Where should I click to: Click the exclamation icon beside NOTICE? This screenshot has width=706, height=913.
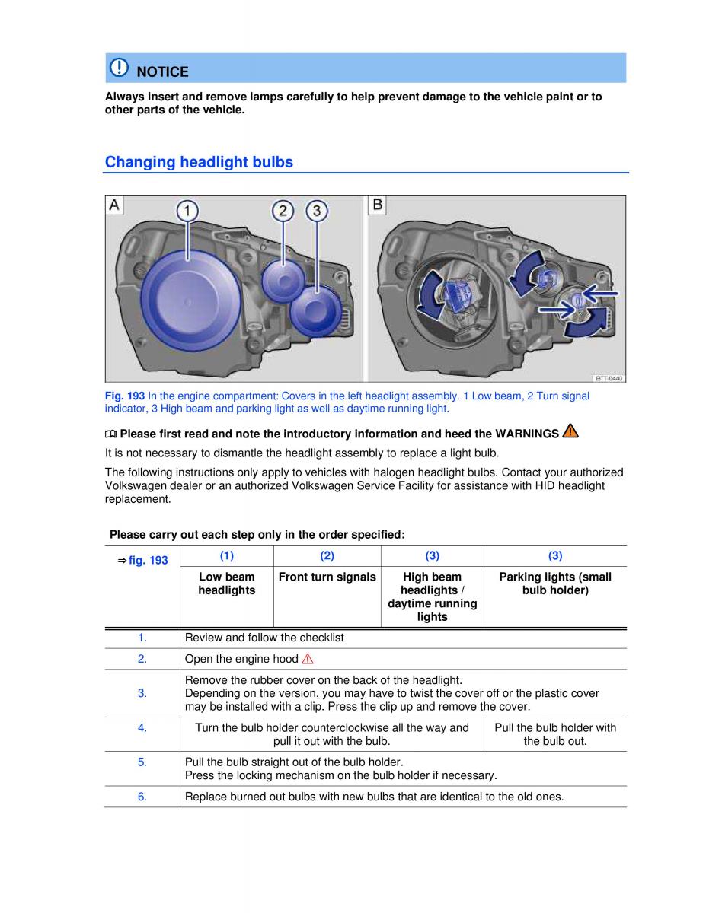120,68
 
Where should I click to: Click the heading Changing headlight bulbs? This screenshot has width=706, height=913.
199,162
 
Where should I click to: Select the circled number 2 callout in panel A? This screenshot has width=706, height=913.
283,210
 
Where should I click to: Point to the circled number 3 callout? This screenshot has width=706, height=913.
316,210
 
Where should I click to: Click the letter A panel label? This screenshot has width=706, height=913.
114,205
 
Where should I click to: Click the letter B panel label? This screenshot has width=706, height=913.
377,205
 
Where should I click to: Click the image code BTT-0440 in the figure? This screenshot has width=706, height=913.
609,377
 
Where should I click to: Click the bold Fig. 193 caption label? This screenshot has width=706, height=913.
124,396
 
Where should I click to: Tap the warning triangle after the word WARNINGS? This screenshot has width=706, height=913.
570,432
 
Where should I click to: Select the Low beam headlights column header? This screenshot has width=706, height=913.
226,584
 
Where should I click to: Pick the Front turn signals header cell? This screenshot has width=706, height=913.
327,577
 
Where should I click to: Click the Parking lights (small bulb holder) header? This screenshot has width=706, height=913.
555,584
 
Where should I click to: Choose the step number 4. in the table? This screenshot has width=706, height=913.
142,728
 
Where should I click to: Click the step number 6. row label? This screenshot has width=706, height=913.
142,797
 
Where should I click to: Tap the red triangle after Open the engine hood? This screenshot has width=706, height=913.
308,659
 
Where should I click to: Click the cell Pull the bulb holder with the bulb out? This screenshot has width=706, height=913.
555,734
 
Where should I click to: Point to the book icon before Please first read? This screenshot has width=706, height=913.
111,434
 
